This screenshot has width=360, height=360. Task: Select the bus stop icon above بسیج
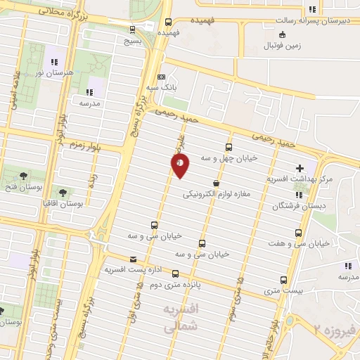133,29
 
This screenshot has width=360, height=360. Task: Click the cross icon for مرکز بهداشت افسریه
301,169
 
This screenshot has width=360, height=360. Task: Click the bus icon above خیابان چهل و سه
229,147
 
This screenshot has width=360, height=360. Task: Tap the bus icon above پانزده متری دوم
175,274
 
